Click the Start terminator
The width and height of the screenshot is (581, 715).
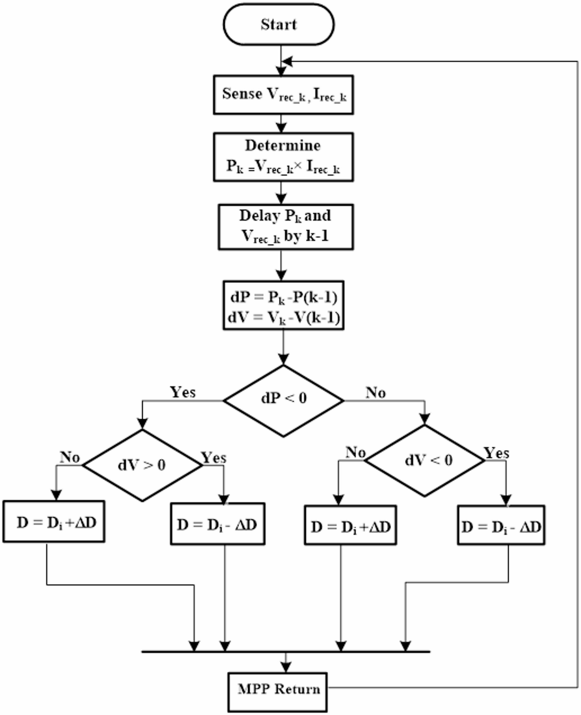pyautogui.click(x=278, y=24)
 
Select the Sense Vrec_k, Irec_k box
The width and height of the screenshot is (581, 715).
pyautogui.click(x=283, y=95)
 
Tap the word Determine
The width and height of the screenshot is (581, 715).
pyautogui.click(x=282, y=145)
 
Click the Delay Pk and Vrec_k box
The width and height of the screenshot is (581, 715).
pyautogui.click(x=285, y=226)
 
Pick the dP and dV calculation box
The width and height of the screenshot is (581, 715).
pyautogui.click(x=283, y=306)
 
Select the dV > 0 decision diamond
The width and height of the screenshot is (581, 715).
pyautogui.click(x=142, y=465)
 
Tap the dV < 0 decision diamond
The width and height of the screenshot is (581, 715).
pyautogui.click(x=425, y=460)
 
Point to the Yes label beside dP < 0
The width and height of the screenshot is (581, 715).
pyautogui.click(x=182, y=392)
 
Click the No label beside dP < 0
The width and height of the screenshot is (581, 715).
pyautogui.click(x=376, y=393)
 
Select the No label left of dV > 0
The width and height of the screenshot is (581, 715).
pyautogui.click(x=70, y=457)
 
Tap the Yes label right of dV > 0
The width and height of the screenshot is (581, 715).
pyautogui.click(x=213, y=458)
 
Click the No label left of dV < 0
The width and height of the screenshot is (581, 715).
pyautogui.click(x=355, y=452)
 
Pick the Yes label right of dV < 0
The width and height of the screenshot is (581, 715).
pyautogui.click(x=496, y=453)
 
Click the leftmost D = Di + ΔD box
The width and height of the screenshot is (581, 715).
pyautogui.click(x=54, y=521)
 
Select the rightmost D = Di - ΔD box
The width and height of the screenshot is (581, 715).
pyautogui.click(x=501, y=525)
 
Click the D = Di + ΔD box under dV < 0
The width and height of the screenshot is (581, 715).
pyautogui.click(x=350, y=525)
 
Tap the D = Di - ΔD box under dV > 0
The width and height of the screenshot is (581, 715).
pyautogui.click(x=218, y=524)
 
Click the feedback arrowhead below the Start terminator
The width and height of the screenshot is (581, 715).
pyautogui.click(x=287, y=61)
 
